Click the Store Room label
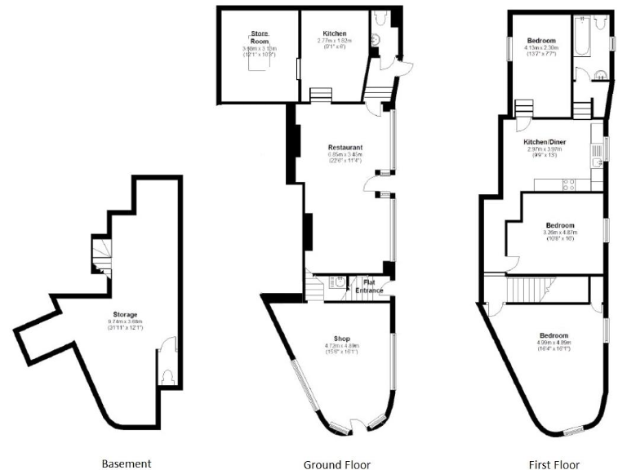(259, 37)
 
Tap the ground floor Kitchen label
(333, 33)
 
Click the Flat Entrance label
(368, 286)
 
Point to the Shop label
(341, 338)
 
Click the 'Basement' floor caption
(126, 463)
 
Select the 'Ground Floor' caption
(333, 464)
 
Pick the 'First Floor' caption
(554, 464)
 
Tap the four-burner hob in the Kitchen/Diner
(569, 184)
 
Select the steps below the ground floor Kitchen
(321, 95)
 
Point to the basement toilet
(167, 376)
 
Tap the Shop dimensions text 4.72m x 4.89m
(341, 347)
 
